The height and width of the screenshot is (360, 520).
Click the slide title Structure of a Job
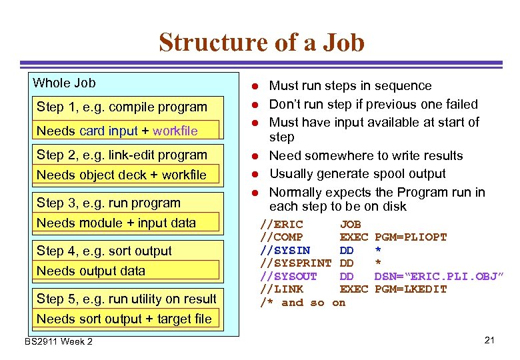[x=261, y=43]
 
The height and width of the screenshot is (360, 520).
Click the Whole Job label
[x=65, y=83]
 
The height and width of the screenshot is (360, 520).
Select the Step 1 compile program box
[x=122, y=107]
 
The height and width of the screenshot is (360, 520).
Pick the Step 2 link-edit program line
[x=122, y=155]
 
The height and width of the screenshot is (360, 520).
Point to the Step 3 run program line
[x=109, y=203]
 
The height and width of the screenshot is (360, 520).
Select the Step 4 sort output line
[x=105, y=251]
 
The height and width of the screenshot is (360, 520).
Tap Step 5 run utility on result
[x=127, y=299]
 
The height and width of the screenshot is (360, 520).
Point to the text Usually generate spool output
[x=357, y=174]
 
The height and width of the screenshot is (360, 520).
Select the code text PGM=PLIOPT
[x=411, y=237]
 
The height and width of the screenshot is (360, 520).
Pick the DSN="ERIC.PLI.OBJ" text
[x=439, y=276]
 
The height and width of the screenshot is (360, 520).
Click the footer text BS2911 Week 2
[x=59, y=342]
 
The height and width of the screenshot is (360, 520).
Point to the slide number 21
[x=489, y=341]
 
